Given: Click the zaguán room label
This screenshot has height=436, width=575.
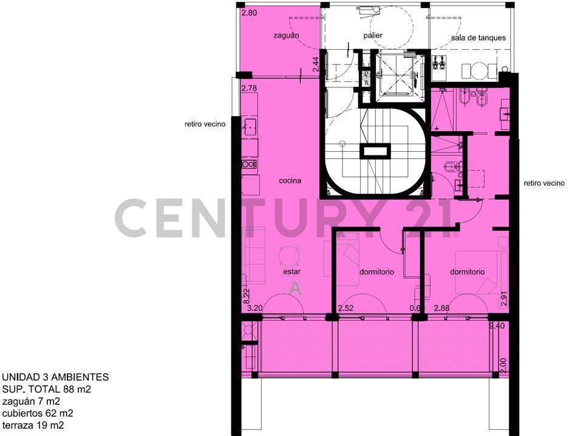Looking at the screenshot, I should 286,36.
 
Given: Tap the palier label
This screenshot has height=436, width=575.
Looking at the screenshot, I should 373,36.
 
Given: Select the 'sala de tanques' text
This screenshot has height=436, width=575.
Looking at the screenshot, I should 478,38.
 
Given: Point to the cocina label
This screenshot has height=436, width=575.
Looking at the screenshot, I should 290,181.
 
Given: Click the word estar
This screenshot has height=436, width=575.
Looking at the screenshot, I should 291,272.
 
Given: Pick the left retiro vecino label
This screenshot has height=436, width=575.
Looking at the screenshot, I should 205,124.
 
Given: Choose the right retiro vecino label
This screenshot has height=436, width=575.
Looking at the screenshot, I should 544,183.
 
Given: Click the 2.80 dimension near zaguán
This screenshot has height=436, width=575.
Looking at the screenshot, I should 249,13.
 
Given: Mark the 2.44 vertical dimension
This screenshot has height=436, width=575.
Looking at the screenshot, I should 316,64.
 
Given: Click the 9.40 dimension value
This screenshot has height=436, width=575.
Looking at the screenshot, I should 497,325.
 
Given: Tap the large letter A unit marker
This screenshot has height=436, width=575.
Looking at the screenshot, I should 296,288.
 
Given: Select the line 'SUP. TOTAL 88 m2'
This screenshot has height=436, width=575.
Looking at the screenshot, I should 47,389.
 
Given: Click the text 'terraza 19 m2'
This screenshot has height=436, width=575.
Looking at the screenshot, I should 33,425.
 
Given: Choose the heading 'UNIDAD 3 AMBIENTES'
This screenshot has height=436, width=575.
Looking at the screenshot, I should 55,377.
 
